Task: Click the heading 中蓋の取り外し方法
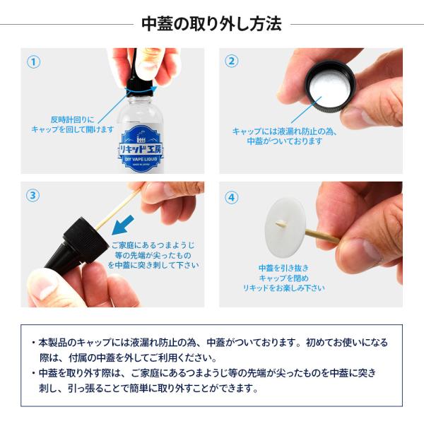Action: (211, 24)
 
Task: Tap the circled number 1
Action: (33, 61)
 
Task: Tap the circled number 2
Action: (232, 61)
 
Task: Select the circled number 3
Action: (33, 195)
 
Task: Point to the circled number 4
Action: (232, 197)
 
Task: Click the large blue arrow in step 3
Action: (122, 225)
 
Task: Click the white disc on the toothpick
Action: (285, 228)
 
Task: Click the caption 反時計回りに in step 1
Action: (73, 119)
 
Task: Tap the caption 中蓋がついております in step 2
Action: (285, 141)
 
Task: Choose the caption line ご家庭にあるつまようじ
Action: (153, 245)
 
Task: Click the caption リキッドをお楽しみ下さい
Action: (283, 288)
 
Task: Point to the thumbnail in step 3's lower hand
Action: (42, 288)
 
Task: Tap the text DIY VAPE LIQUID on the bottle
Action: (141, 159)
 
